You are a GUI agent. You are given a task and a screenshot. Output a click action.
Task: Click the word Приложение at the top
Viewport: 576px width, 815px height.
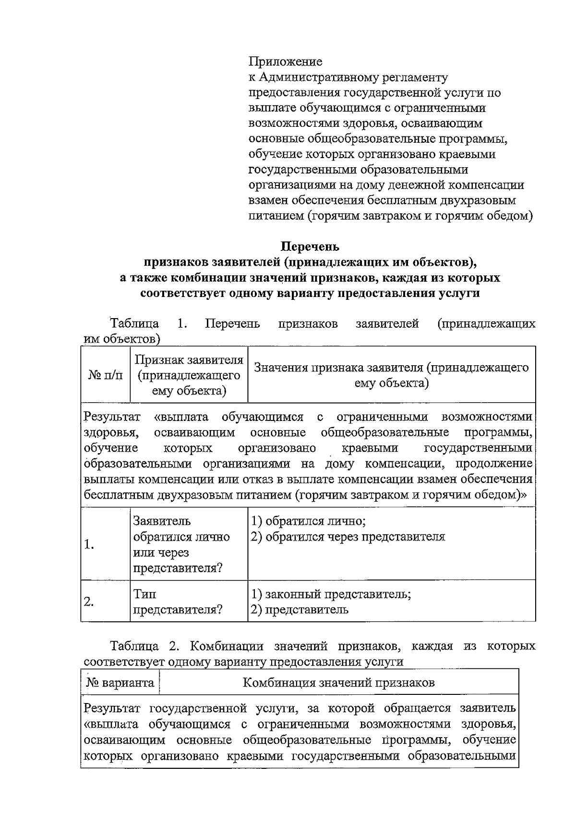click(286, 62)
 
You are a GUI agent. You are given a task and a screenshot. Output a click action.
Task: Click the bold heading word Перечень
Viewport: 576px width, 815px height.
click(310, 247)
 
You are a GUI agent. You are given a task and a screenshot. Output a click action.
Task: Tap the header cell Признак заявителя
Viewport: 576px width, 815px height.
click(189, 375)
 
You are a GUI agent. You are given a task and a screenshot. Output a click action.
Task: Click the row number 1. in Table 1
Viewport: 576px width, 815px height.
click(89, 544)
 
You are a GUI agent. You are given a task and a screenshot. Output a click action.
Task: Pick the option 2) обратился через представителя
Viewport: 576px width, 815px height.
click(348, 536)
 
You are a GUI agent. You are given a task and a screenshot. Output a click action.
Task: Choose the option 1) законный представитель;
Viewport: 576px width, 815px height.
click(331, 594)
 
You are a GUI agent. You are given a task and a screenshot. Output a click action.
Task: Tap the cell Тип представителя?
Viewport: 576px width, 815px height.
click(178, 602)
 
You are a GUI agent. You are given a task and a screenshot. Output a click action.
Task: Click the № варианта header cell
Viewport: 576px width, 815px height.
click(120, 682)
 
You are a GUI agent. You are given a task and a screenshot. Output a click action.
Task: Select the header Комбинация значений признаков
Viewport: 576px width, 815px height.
click(339, 682)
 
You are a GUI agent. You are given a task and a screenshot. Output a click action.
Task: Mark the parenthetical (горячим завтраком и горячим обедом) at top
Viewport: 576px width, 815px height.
click(420, 216)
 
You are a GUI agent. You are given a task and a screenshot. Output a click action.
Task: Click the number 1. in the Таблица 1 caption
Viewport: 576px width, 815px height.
click(182, 323)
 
